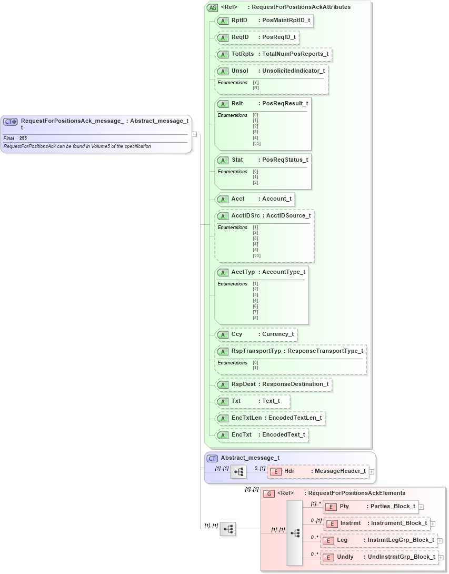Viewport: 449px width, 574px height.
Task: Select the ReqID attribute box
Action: tap(258, 37)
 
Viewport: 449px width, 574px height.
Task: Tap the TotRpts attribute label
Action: tap(243, 54)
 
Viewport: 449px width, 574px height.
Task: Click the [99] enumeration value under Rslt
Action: tap(256, 143)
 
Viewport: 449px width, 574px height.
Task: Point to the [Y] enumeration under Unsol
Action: tap(256, 82)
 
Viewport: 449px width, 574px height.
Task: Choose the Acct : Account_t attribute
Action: tap(255, 199)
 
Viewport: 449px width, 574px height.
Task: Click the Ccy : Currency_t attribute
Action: tap(257, 334)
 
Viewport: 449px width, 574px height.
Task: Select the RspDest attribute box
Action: tap(274, 384)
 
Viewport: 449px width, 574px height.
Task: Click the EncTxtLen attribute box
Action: tap(271, 418)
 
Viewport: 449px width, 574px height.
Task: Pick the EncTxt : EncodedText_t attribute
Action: tap(262, 435)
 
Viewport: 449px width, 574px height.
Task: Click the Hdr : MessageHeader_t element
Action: tap(318, 471)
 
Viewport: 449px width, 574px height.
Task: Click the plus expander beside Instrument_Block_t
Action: tap(433, 523)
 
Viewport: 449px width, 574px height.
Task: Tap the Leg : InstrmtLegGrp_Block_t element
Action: tap(378, 540)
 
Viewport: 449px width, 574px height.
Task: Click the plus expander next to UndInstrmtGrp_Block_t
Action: tap(441, 557)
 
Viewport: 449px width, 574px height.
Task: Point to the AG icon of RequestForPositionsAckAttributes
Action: tap(212, 7)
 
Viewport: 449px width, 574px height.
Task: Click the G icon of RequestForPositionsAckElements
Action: tap(269, 493)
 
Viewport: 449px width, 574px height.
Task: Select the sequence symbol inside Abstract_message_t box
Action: tap(238, 472)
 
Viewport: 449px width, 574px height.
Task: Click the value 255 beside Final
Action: tap(23, 138)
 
